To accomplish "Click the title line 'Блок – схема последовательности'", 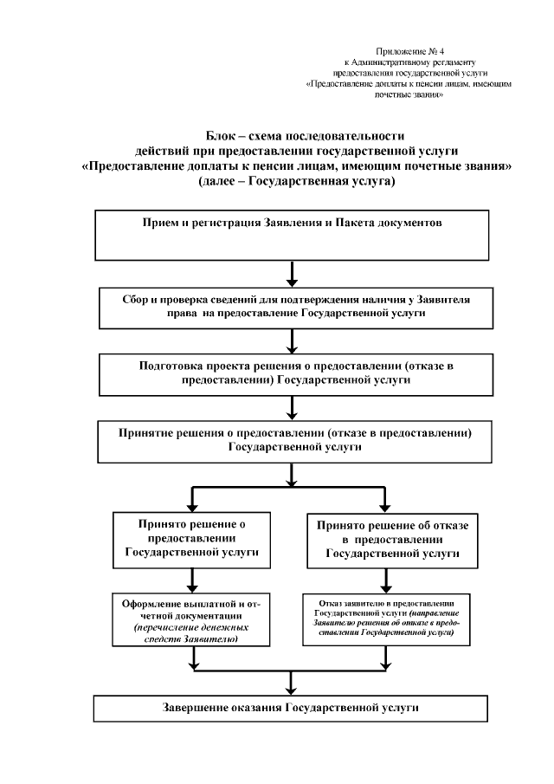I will point(293,136).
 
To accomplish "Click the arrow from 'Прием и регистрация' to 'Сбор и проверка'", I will point(293,273).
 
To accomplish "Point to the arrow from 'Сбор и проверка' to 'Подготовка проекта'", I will point(293,342).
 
